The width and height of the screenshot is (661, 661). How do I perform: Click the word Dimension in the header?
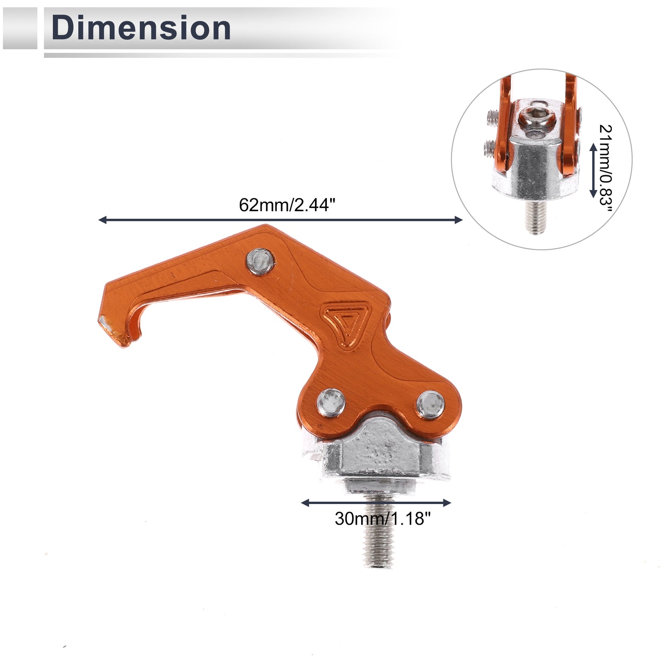tap(141, 28)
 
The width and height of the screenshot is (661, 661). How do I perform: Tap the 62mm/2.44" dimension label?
tap(287, 205)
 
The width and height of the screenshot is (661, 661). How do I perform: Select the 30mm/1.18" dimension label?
tap(382, 518)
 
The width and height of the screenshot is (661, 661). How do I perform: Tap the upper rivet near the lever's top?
tap(261, 261)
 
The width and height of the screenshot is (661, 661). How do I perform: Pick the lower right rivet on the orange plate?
tap(431, 405)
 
